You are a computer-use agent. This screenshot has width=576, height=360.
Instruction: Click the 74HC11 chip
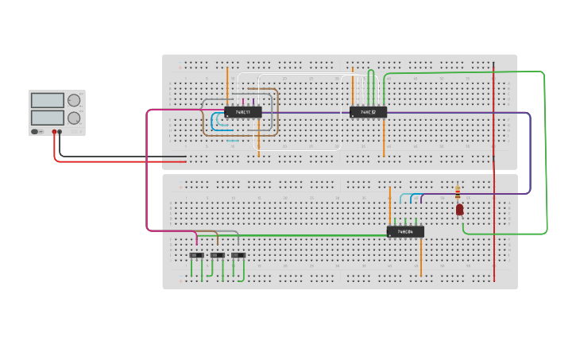[x=243, y=112]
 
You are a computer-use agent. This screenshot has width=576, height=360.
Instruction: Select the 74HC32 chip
[x=368, y=112]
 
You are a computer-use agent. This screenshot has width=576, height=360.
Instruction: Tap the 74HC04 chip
[x=405, y=232]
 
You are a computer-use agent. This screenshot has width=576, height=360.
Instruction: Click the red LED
[x=459, y=209]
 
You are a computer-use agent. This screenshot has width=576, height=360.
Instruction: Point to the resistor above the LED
[x=457, y=192]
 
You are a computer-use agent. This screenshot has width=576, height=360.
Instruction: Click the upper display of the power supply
[x=47, y=100]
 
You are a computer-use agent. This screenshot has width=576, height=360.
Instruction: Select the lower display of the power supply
[x=47, y=118]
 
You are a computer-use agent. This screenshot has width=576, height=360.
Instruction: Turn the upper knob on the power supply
[x=74, y=100]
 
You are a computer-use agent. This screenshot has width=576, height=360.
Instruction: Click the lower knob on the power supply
[x=74, y=118]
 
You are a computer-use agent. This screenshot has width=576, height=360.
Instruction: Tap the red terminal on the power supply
[x=55, y=131]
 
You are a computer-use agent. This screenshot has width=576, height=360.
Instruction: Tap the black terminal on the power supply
[x=61, y=131]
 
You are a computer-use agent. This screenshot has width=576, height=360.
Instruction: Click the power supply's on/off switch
[x=36, y=131]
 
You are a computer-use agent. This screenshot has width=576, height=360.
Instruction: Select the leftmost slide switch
[x=196, y=255]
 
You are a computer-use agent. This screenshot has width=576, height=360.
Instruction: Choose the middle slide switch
[x=217, y=255]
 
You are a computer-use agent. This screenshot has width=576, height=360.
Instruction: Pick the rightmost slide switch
[x=238, y=255]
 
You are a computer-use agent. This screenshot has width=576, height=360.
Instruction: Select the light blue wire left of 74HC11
[x=213, y=123]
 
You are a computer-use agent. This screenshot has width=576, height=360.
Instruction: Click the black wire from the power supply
[x=119, y=156]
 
